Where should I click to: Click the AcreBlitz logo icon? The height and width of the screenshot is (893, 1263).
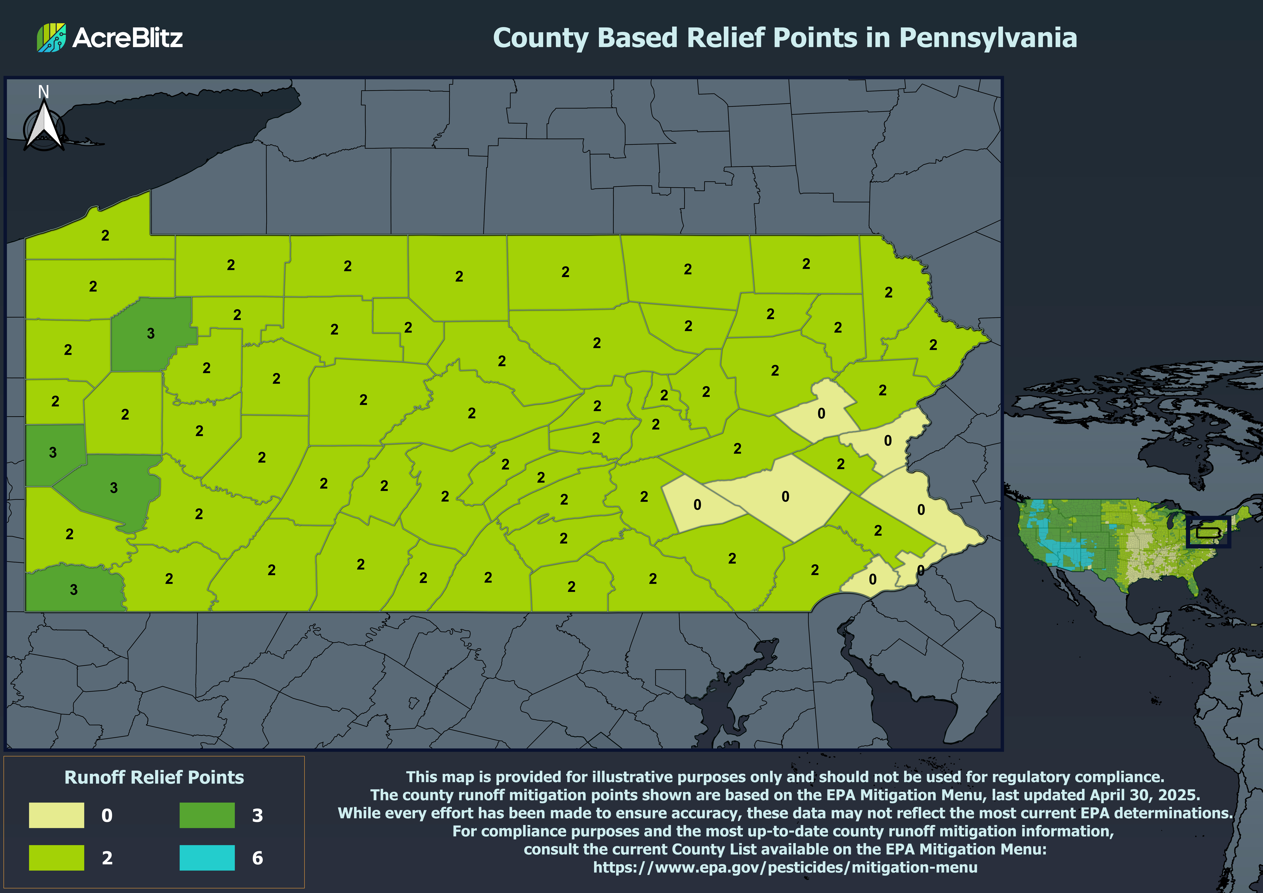[51, 37]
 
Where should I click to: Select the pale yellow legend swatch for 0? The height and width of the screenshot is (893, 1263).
[57, 815]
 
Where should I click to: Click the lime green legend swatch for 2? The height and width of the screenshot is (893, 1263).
[57, 857]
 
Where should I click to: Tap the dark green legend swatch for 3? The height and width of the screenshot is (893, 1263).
[207, 815]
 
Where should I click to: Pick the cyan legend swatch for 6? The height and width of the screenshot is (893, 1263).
[207, 857]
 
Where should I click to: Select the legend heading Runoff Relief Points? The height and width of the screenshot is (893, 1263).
[154, 777]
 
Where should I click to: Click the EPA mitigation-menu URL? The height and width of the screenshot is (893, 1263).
[785, 867]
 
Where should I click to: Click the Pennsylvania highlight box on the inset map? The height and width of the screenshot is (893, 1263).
[1208, 532]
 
